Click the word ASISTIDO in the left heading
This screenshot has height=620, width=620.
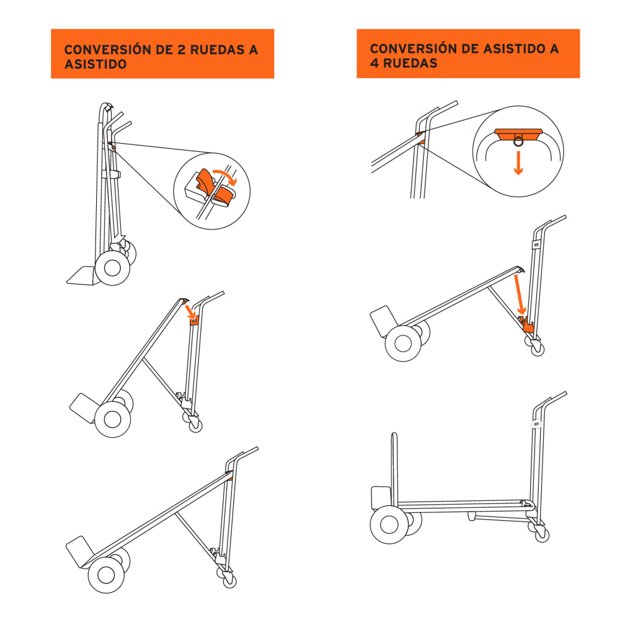[96, 64]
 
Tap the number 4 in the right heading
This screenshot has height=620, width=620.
[374, 63]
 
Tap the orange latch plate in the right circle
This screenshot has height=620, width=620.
[518, 132]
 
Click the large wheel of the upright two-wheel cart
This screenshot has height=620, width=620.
[112, 267]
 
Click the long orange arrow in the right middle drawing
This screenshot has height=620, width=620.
[519, 294]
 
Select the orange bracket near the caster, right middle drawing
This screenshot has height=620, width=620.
[528, 326]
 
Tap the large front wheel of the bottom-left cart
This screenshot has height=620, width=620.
[106, 574]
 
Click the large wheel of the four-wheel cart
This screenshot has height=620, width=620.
[388, 525]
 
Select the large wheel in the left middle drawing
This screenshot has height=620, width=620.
[112, 418]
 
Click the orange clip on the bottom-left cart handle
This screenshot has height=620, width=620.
[230, 478]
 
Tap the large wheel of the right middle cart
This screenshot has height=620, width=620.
[402, 343]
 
